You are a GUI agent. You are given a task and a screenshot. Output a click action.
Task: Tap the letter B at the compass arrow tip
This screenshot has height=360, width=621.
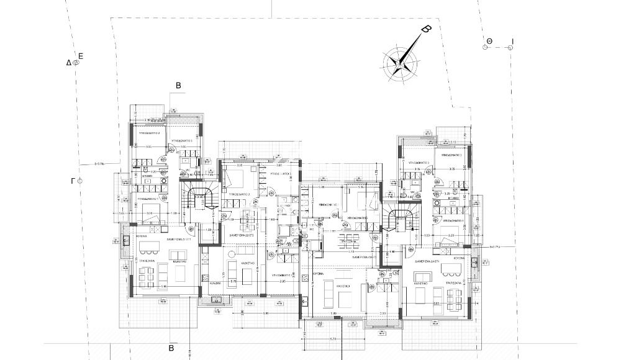point(426,29)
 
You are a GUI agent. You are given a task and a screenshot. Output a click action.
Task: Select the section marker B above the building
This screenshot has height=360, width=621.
point(178,86)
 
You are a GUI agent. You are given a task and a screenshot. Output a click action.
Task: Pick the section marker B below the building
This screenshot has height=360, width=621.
point(171,348)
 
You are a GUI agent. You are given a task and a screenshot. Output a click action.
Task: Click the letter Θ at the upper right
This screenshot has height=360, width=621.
point(489,41)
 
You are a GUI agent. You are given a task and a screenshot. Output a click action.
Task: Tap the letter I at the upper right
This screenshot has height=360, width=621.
point(512,41)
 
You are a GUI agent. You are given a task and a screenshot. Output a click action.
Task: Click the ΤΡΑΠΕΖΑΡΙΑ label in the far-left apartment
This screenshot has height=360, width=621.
point(147,262)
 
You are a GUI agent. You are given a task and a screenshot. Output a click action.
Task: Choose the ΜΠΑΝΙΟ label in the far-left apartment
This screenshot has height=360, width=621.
point(147,177)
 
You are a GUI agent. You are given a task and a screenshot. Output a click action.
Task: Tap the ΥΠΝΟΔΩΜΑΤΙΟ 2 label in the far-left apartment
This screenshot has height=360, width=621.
point(149,133)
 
